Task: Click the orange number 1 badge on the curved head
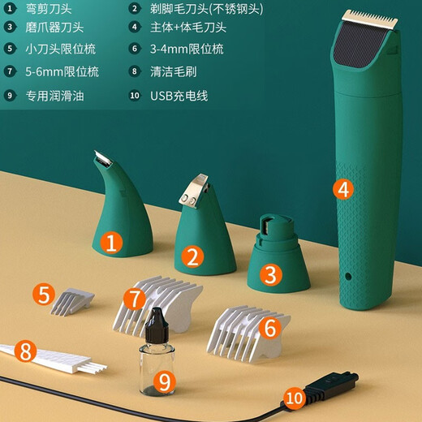point(111,241)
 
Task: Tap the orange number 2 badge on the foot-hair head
point(192,256)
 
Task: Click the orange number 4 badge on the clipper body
point(343,190)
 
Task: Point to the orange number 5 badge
point(45,295)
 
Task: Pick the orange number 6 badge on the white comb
point(270,327)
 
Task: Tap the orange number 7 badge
point(135,299)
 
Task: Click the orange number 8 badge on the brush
point(27,351)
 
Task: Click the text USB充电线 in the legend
point(179,96)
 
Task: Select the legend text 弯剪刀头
point(50,11)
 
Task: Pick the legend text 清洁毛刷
point(174,71)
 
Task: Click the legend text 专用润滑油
point(54,96)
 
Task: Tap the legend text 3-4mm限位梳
point(187,50)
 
